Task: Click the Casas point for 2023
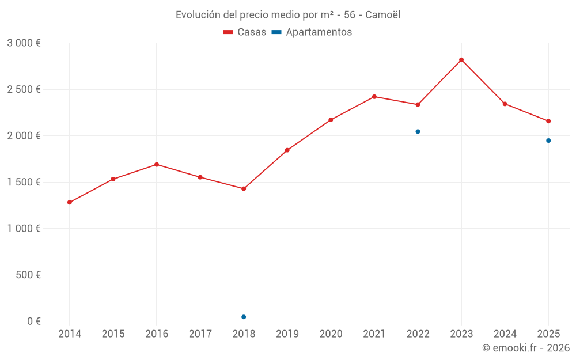[461, 60]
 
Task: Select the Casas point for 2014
[70, 202]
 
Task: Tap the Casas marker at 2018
[244, 188]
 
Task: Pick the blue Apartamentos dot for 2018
[244, 317]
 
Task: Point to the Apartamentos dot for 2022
[418, 131]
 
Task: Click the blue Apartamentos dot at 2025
[548, 141]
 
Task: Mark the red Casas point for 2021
[374, 97]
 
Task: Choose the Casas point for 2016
[157, 164]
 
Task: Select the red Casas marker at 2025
[548, 121]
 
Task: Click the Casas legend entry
[245, 32]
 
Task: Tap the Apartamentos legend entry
[312, 32]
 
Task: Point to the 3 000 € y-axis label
[24, 43]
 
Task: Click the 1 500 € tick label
[24, 182]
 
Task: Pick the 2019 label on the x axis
[287, 334]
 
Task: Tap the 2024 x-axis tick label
[505, 334]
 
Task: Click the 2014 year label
[70, 334]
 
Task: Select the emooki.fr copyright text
[526, 348]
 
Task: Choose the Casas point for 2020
[331, 120]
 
